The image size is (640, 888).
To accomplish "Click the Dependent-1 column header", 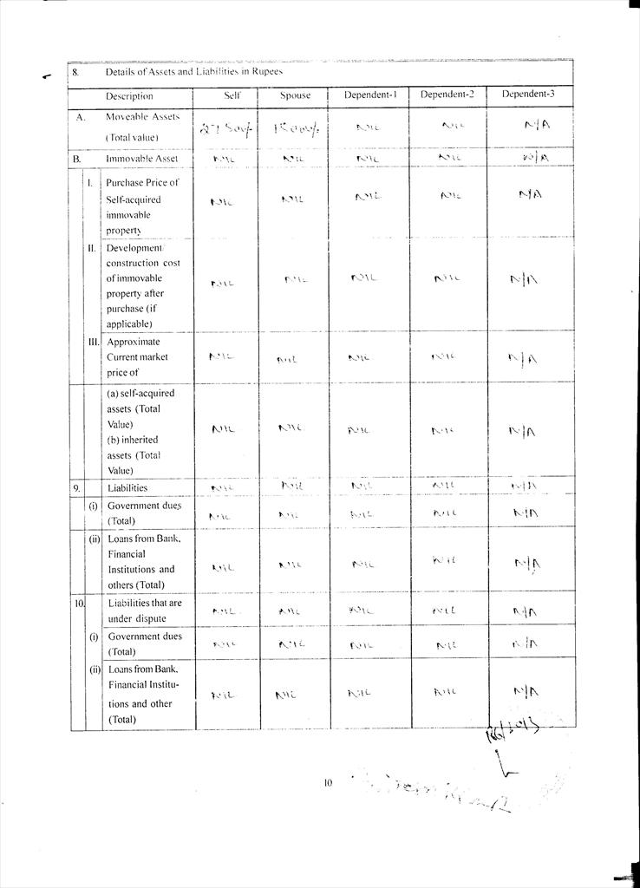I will pyautogui.click(x=370, y=95).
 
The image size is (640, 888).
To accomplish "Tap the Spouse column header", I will pyautogui.click(x=295, y=95).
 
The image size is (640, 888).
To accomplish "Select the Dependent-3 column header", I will pyautogui.click(x=530, y=94).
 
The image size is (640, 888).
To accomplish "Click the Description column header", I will pyautogui.click(x=129, y=96).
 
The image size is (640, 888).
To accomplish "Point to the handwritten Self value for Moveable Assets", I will pyautogui.click(x=225, y=130).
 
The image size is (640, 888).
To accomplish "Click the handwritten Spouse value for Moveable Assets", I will pyautogui.click(x=296, y=129).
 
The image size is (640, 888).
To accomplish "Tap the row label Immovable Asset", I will pyautogui.click(x=141, y=160).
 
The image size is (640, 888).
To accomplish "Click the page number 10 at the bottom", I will pyautogui.click(x=328, y=783).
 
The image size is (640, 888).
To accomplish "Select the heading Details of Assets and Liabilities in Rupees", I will pyautogui.click(x=193, y=72).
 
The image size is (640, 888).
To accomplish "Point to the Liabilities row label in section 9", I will pyautogui.click(x=127, y=488).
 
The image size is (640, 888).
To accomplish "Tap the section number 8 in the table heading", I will pyautogui.click(x=75, y=73).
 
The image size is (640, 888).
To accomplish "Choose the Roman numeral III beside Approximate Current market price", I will pyautogui.click(x=92, y=342).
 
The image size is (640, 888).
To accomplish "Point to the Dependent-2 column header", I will pyautogui.click(x=447, y=95).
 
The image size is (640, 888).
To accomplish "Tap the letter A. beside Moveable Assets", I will pyautogui.click(x=80, y=116).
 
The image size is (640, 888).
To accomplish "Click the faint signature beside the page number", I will pyautogui.click(x=434, y=791).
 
